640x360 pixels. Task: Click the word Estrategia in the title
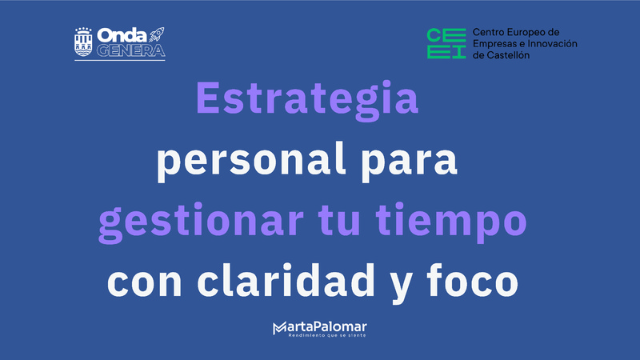[x=307, y=99]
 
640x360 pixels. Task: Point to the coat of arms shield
[x=82, y=43]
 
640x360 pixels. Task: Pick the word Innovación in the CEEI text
[x=549, y=44]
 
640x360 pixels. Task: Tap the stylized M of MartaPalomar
[x=280, y=327]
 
